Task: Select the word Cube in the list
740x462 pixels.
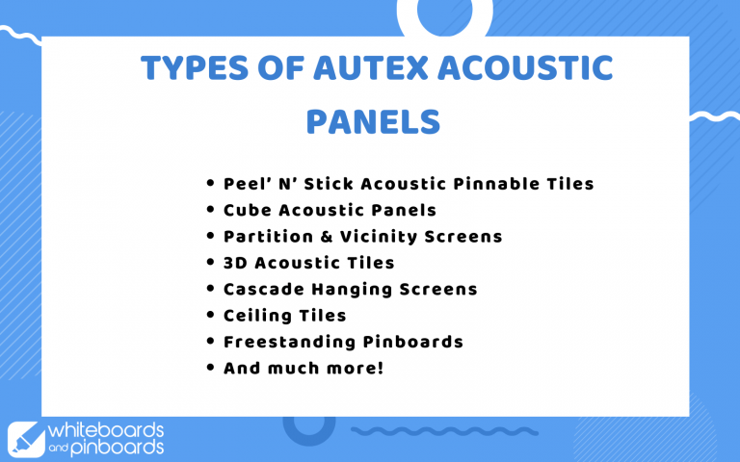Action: (x=246, y=210)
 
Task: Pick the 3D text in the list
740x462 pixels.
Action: (x=236, y=263)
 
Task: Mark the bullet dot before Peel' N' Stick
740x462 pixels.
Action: (x=211, y=183)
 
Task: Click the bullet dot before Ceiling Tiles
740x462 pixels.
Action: (x=211, y=316)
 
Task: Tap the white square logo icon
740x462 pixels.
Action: (x=23, y=437)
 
